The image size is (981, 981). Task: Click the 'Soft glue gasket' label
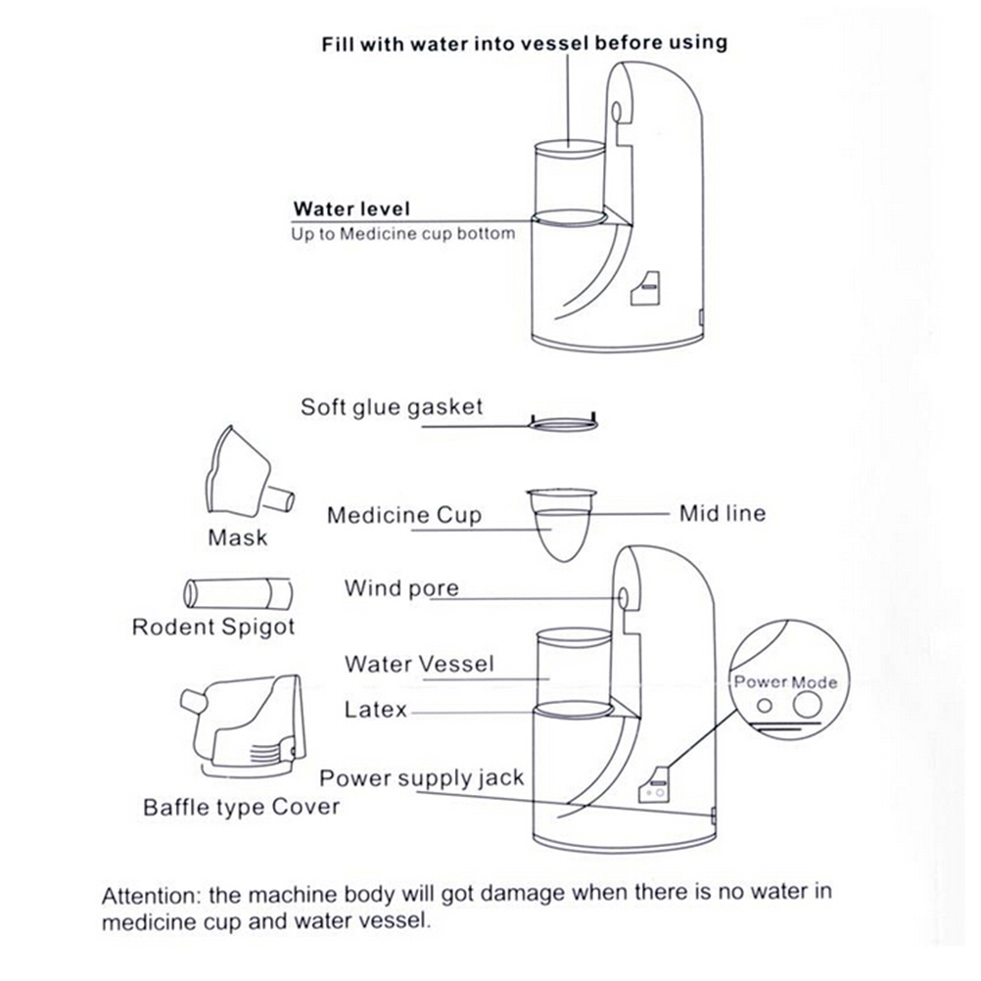pos(392,406)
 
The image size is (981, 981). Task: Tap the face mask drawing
pos(240,475)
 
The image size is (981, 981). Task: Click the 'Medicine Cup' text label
pos(404,515)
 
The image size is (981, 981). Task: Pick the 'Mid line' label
pos(723,513)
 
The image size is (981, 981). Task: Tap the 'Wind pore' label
pos(401,588)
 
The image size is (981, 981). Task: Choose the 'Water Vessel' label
pos(419,664)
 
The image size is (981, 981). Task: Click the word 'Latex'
pos(375,709)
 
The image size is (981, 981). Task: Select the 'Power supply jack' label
pos(422,779)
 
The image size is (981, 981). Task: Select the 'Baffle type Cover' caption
pos(242,808)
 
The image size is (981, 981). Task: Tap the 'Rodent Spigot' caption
pos(213,627)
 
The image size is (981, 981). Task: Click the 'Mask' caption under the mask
pos(237,537)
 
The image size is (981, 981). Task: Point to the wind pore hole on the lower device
pos(624,596)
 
